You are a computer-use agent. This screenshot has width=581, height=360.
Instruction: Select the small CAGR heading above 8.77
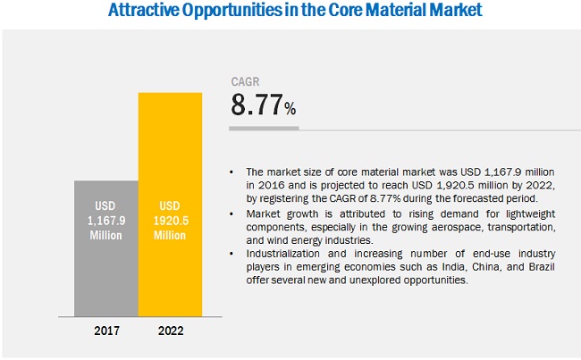pos(245,80)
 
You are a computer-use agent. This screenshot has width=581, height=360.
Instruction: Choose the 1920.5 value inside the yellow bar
pos(170,222)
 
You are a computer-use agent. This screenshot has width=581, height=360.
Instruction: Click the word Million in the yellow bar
pos(170,235)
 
